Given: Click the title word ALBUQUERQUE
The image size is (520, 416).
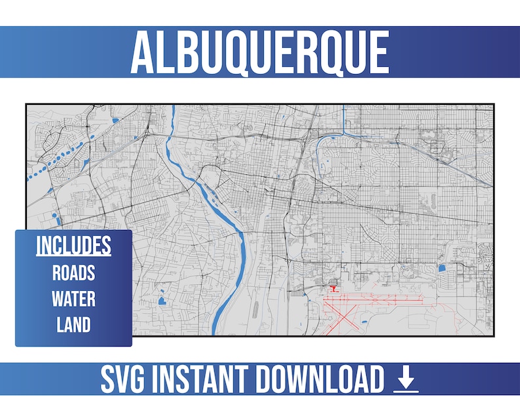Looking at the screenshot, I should (x=259, y=52).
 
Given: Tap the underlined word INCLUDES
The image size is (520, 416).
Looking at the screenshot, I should (x=73, y=246).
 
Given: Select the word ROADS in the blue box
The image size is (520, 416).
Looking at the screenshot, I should (x=73, y=273).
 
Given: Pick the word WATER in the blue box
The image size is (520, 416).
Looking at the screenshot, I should (x=73, y=299).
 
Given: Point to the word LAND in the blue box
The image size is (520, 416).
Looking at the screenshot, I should (x=73, y=324).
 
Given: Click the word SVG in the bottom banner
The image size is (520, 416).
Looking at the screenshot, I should (x=126, y=380).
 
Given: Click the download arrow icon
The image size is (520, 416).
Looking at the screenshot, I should (x=406, y=380).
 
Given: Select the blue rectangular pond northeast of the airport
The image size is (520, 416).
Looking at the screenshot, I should (x=441, y=267).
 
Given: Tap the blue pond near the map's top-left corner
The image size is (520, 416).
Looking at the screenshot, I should (x=115, y=121).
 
